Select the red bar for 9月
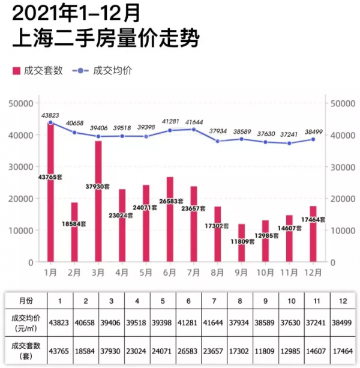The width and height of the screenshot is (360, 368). click(241, 243)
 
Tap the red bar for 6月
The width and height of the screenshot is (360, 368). click(170, 219)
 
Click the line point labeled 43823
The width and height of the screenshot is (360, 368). click(50, 122)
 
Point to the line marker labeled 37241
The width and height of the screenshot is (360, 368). click(289, 143)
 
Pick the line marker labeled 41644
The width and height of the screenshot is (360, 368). click(194, 129)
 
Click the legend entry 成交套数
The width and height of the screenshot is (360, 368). click(38, 71)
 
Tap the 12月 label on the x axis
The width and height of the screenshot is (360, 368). click(313, 272)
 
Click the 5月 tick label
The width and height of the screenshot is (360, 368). click(146, 272)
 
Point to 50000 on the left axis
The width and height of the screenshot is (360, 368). click(22, 103)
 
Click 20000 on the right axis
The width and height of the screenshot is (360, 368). click(342, 199)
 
